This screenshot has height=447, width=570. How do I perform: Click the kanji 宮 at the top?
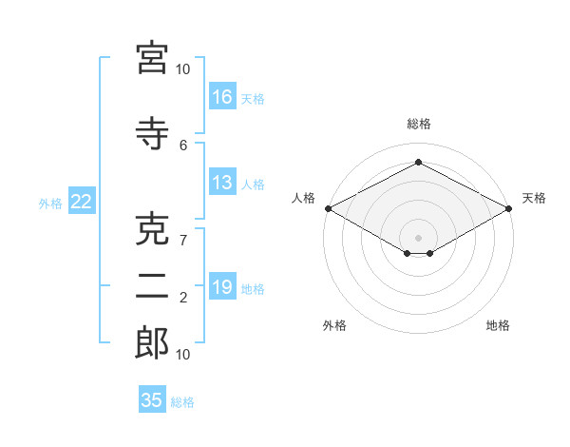(x=152, y=59)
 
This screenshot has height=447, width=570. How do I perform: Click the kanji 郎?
(x=152, y=343)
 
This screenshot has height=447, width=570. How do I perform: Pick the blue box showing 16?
(x=222, y=96)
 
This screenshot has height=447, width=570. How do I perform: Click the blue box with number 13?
(x=222, y=183)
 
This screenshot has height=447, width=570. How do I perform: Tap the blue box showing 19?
(x=222, y=287)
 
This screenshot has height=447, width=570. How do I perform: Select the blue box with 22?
(x=81, y=202)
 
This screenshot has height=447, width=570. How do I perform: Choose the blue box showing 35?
(x=152, y=400)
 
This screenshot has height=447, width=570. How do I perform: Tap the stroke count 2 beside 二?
(x=183, y=298)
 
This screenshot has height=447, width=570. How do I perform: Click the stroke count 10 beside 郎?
(x=183, y=354)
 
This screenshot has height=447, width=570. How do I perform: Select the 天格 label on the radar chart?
(x=534, y=198)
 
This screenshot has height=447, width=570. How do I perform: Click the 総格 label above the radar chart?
(x=418, y=124)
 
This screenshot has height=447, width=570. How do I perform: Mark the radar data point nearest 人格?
(x=328, y=208)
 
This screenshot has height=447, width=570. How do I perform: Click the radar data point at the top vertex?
(x=418, y=162)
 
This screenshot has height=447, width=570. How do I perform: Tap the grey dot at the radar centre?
(x=418, y=237)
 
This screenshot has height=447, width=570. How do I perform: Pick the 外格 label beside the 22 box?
(x=50, y=203)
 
